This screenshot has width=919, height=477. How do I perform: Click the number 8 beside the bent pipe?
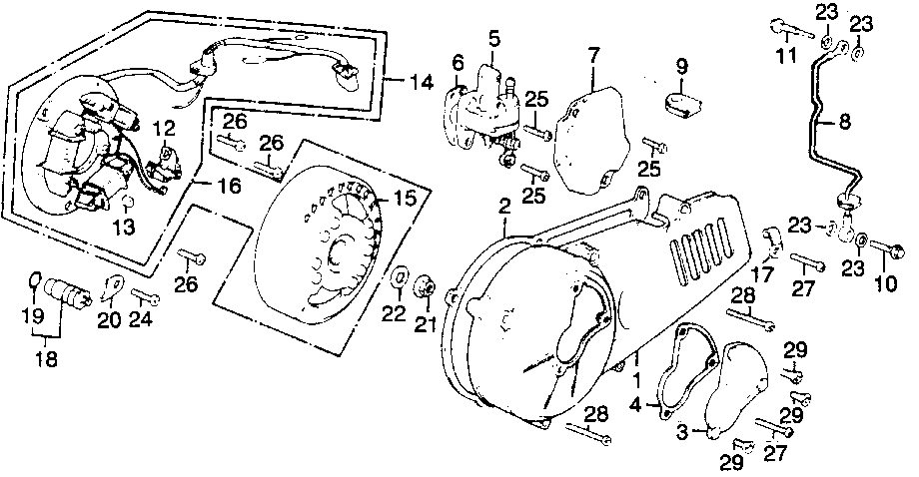[844, 124]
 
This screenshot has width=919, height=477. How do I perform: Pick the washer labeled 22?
[399, 276]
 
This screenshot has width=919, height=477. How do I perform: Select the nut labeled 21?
[426, 287]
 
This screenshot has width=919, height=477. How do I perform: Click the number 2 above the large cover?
[505, 207]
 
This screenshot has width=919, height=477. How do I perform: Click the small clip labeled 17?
[771, 238]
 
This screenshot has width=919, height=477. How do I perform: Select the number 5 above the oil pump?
[493, 39]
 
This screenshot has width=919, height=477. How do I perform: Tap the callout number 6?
[459, 62]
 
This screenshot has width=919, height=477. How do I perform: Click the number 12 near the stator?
[164, 127]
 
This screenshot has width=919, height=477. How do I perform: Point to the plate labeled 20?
[112, 287]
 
